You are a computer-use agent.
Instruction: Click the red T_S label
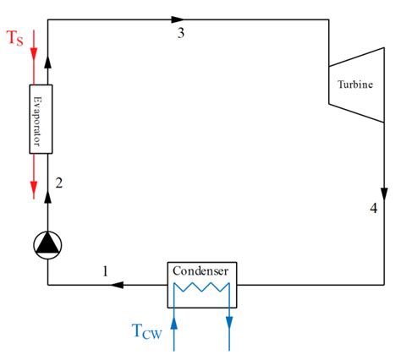coord(15,40)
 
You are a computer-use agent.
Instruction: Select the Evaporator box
coord(41,118)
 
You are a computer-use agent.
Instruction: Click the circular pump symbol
coord(47,244)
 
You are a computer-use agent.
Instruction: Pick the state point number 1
coord(105,270)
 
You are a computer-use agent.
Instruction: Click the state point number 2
coord(59,182)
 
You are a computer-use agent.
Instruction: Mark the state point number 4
coord(373,208)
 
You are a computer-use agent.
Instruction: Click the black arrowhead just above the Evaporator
coord(47,62)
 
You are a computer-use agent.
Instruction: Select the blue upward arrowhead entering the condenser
coord(174,316)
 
